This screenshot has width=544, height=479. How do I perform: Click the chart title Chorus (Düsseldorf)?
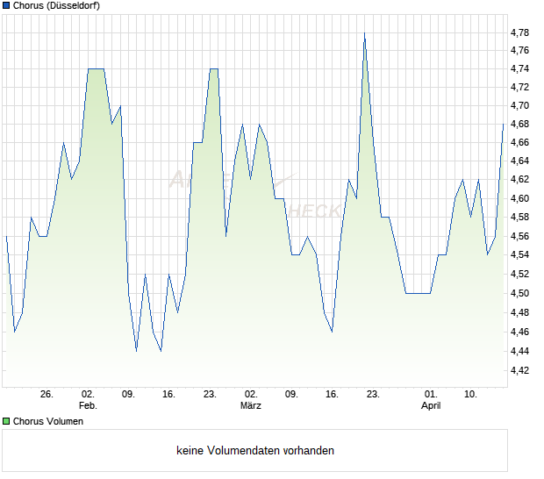(x=56, y=5)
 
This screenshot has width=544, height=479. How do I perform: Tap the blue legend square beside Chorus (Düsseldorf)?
(x=7, y=5)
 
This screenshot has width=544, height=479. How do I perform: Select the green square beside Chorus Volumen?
(x=7, y=421)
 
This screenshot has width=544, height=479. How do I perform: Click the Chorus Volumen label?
(x=48, y=421)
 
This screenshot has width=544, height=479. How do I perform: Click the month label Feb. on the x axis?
(x=88, y=406)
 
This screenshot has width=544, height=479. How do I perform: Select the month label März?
(x=252, y=406)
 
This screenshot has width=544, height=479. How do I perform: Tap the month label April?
(x=430, y=406)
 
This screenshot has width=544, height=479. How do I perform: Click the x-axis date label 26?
(x=47, y=395)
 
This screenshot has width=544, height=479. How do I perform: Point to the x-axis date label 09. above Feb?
(x=128, y=395)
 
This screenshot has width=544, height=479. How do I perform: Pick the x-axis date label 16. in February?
(x=169, y=395)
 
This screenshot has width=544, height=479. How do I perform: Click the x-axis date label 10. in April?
(x=471, y=395)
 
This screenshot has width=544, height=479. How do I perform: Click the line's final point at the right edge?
(x=504, y=124)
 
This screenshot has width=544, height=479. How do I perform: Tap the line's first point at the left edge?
(x=6, y=236)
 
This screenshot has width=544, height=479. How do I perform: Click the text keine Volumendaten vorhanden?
(x=255, y=451)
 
